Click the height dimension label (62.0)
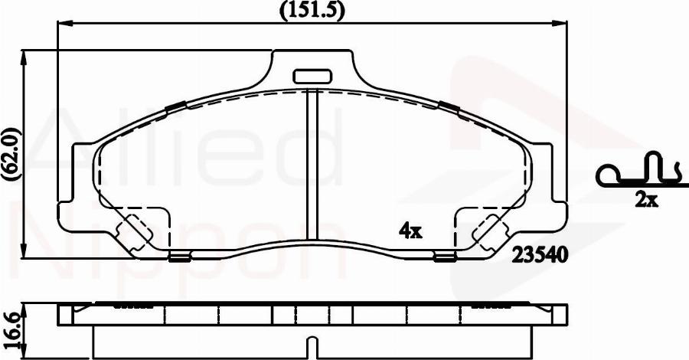coord(11,153)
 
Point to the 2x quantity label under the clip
coord(646,201)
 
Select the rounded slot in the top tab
coord(311,76)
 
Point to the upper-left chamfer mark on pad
coord(175,106)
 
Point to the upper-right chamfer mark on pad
coord(449,106)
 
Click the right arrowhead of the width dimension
coord(563,23)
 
